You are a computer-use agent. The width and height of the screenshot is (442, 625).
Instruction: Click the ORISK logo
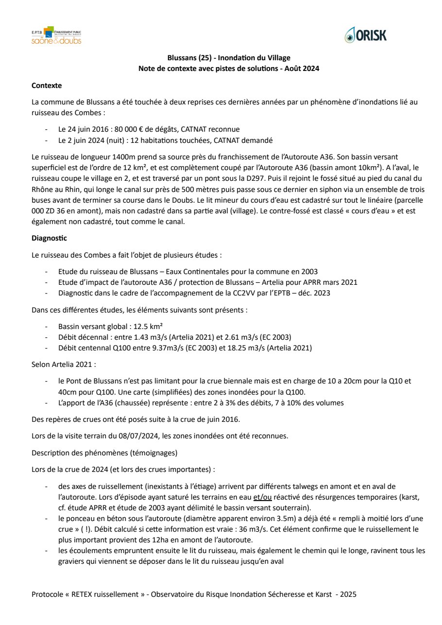[365, 35]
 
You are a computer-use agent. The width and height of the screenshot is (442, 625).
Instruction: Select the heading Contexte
[47, 86]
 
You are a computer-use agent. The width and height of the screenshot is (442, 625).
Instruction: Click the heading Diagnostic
[49, 238]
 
